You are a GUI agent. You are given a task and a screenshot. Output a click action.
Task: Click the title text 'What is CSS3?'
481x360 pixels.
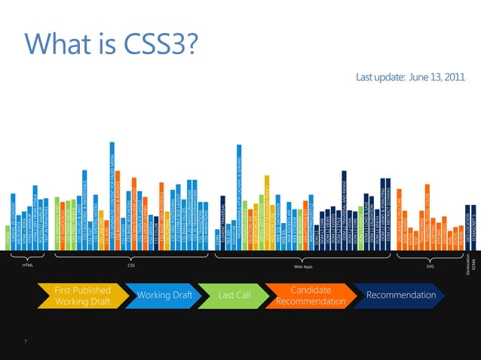[x=112, y=44]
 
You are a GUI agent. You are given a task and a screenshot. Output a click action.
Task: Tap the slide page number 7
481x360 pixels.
[x=26, y=343]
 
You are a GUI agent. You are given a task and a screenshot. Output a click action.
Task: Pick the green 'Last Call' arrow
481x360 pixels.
[x=233, y=295]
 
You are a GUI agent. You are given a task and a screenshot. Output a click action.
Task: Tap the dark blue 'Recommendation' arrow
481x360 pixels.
[x=400, y=295]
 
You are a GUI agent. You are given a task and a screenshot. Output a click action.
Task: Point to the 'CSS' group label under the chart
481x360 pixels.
[x=132, y=265]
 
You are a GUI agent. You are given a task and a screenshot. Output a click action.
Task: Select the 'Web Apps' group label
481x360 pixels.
[x=302, y=267]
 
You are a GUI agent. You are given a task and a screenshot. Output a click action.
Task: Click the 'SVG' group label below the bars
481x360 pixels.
[x=430, y=265]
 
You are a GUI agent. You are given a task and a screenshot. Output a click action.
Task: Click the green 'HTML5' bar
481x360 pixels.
[x=8, y=239]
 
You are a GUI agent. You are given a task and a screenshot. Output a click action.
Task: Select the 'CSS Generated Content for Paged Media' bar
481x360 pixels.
[x=112, y=196]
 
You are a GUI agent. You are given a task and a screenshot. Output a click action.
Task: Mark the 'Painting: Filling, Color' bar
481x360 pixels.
[x=427, y=215]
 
